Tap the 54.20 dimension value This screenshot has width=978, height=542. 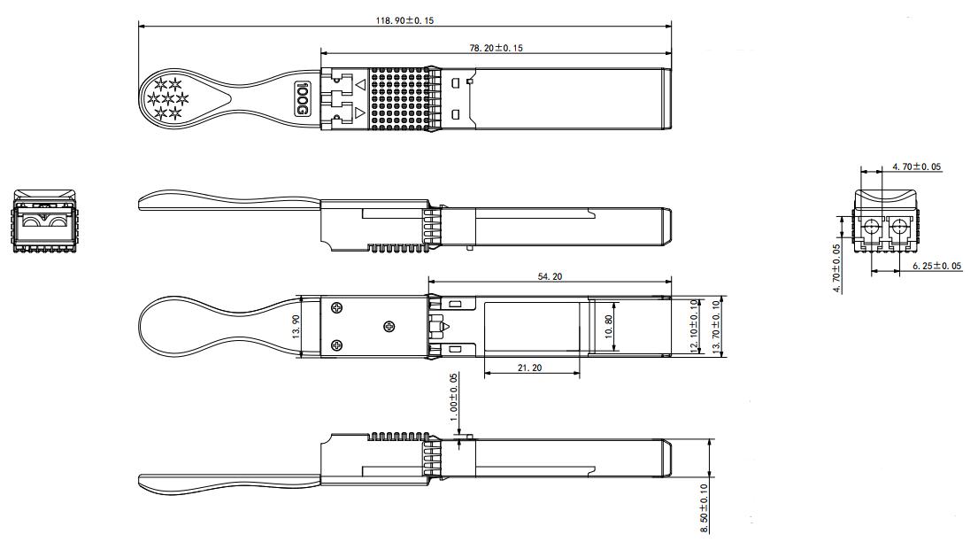point(549,277)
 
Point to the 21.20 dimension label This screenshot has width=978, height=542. point(531,368)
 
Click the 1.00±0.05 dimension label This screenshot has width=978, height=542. point(454,396)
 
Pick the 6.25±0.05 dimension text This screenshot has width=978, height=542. point(936,266)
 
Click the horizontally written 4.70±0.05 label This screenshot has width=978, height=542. point(916,166)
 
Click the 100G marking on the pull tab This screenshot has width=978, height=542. point(301,98)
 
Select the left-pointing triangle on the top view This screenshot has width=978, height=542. point(360,85)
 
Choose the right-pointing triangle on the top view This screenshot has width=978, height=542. point(360,112)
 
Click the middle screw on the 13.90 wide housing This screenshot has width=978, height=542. point(389,327)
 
